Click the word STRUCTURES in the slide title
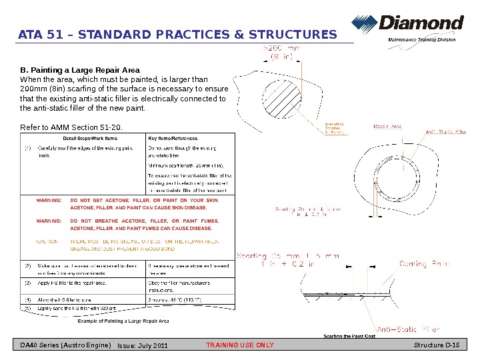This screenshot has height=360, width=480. [x=293, y=35]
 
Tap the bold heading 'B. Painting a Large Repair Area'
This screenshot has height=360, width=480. [x=80, y=69]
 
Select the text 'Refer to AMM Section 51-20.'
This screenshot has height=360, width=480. [x=72, y=127]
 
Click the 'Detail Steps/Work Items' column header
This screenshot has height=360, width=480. [x=85, y=138]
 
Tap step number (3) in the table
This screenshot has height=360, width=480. [x=28, y=283]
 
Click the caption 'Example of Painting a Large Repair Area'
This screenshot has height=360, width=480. [x=123, y=321]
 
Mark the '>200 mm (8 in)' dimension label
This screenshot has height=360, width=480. [x=281, y=53]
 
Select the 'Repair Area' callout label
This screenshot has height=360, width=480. [x=387, y=125]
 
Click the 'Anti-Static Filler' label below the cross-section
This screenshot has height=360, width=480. [x=409, y=329]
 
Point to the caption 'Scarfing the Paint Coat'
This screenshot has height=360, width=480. [x=349, y=336]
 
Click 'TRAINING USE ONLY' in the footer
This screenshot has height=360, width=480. [x=240, y=345]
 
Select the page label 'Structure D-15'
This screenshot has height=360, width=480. [x=441, y=345]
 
